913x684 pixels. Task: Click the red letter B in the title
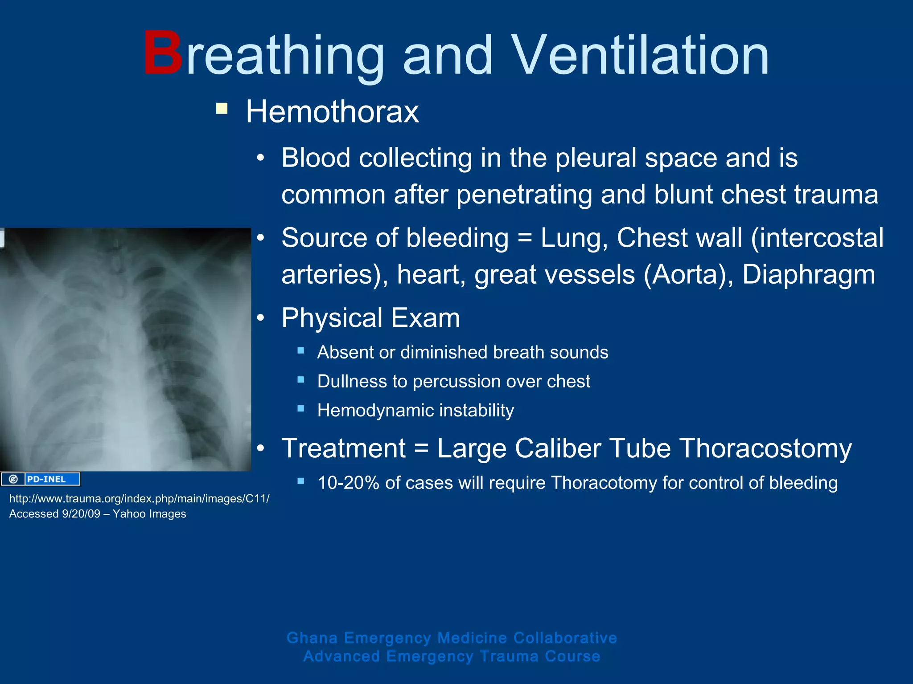tap(163, 54)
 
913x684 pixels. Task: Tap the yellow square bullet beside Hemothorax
tap(222, 109)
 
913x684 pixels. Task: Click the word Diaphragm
tap(808, 274)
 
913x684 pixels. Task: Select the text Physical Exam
tap(370, 318)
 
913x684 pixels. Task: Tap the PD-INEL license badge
tap(41, 479)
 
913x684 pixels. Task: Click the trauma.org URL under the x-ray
tap(139, 499)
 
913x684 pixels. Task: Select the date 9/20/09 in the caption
tap(81, 514)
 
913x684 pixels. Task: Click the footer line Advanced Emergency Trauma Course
tap(452, 656)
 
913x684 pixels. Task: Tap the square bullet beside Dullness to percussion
tap(301, 380)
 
